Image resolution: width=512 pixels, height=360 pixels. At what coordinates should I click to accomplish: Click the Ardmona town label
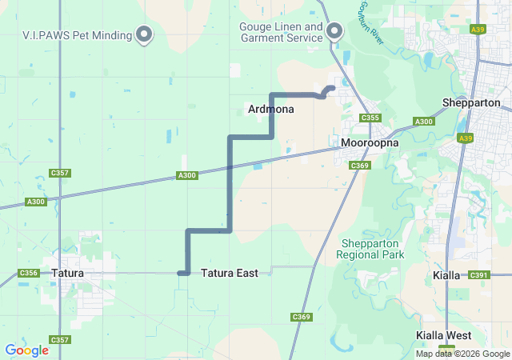271,109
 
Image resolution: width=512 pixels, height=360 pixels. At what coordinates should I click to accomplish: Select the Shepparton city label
471,103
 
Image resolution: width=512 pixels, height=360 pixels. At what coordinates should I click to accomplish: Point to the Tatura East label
230,274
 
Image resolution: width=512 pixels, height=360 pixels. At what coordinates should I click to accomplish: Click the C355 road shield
370,118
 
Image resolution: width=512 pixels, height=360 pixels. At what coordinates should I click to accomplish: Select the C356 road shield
28,274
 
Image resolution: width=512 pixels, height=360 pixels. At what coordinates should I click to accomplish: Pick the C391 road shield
479,275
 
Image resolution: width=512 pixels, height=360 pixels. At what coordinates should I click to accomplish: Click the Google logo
27,350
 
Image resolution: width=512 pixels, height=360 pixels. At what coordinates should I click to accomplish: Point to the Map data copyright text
462,354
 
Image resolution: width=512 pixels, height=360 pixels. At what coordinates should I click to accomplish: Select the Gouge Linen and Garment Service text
281,32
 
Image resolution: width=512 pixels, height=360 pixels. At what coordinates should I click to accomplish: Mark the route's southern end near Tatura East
181,274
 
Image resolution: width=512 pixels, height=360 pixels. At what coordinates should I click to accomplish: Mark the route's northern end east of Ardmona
332,87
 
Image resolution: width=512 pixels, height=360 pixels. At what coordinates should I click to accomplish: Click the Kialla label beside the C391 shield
446,275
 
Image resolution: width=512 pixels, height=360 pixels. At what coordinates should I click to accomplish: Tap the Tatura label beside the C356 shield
68,274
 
